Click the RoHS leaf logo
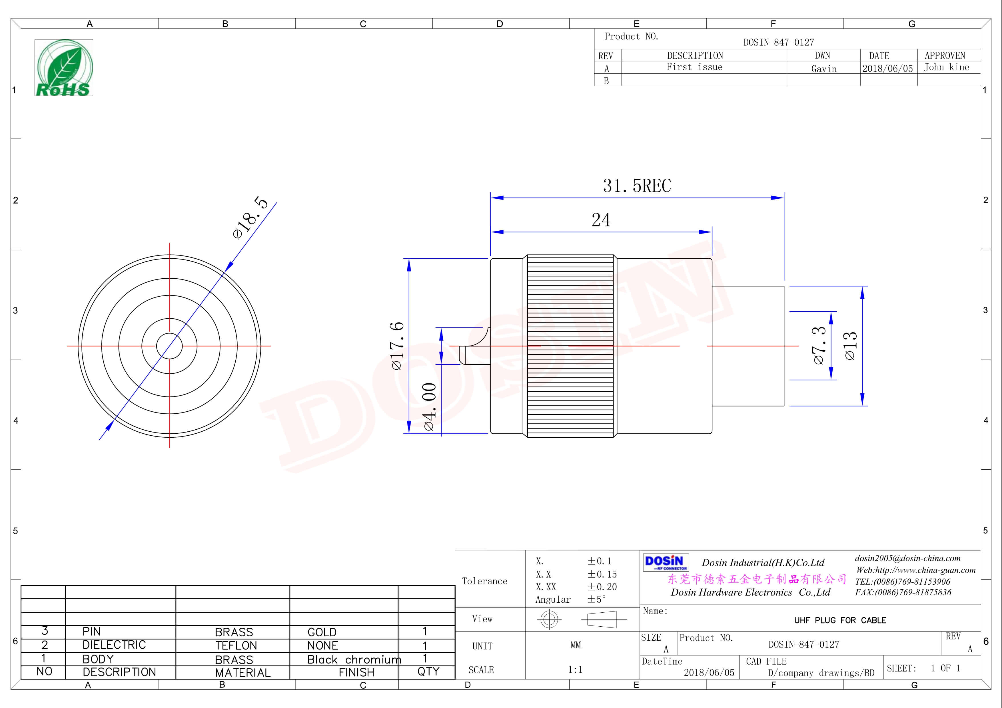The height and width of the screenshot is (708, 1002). [x=64, y=68]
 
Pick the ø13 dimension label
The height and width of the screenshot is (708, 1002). [x=851, y=346]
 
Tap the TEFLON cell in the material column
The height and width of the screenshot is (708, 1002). [x=236, y=645]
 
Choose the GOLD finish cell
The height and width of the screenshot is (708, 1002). [x=322, y=632]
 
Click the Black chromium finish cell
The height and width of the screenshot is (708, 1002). [x=354, y=659]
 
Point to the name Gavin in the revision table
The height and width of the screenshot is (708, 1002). [x=823, y=69]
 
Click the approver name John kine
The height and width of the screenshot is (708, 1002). [x=946, y=67]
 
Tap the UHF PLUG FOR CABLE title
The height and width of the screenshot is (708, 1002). [x=840, y=620]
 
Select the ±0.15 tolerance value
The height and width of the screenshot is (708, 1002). [x=602, y=574]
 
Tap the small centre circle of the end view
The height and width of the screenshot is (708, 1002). [x=169, y=346]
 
